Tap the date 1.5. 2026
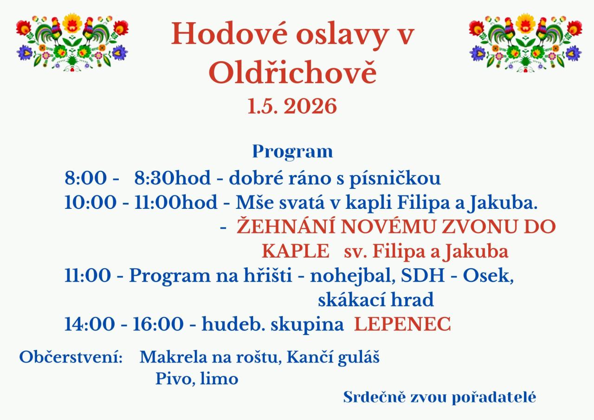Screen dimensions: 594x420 coord(292,106)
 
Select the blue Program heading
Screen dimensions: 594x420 coord(292,152)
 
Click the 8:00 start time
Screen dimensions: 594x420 coord(86,178)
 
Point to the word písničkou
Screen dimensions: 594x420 coord(395,179)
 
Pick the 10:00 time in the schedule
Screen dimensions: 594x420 coord(90,202)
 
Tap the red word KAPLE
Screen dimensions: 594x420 coord(296,251)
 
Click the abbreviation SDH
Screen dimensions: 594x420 coord(423,276)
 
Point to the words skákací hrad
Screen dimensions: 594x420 coord(376,300)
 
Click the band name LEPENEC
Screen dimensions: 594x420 coord(402,324)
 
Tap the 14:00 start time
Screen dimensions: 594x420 coord(90,324)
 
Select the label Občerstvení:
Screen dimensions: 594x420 coord(71,357)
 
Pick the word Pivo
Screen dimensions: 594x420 coord(176,378)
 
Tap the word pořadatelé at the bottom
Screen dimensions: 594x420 coord(494,398)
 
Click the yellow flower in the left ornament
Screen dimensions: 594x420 coord(72,23)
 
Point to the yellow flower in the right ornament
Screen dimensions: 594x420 coord(525,23)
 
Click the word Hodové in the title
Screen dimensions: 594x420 coord(229,34)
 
